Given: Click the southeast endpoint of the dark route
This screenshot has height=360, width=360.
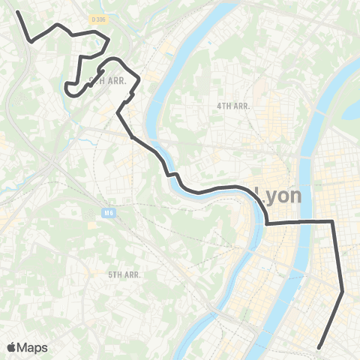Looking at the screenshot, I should click(319, 346).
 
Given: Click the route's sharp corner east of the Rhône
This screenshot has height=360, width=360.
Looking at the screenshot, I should click(331, 220).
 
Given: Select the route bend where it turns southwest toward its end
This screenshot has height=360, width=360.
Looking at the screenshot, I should click(343, 292).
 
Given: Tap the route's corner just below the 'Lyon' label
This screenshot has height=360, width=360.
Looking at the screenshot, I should click(268, 223).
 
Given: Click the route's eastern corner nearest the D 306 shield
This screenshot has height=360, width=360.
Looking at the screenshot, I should click(109, 39).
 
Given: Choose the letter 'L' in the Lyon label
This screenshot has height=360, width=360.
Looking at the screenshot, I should click(261, 196).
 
